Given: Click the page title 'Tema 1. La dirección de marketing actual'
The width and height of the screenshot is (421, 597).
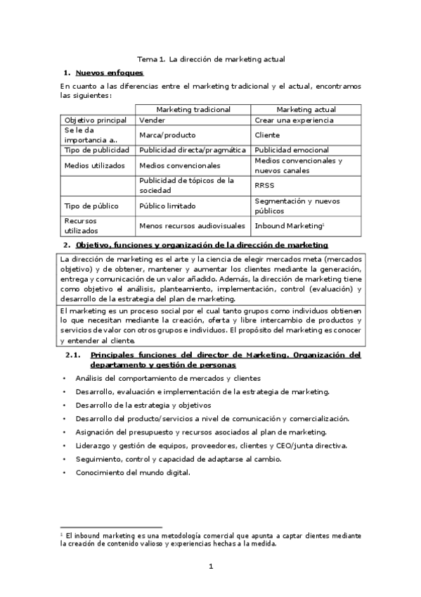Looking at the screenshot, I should click(210, 60).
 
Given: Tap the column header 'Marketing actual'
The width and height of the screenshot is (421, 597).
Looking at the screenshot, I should click(306, 110).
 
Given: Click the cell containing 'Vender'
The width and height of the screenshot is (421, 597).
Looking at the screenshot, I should click(153, 120).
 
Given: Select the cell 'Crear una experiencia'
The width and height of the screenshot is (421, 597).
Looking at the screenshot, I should click(294, 120).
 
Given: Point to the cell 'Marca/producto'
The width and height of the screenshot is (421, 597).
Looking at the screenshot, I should click(167, 134).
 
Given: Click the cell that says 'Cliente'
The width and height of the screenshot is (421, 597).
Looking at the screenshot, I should click(268, 134).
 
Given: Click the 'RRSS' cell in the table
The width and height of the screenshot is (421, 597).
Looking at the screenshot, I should click(265, 185).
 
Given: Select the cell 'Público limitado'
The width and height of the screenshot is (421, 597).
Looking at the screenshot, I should click(167, 206).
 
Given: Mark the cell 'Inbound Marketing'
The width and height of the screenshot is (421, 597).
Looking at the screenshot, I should click(289, 225).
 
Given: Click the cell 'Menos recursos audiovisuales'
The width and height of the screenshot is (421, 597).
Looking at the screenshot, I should click(193, 225).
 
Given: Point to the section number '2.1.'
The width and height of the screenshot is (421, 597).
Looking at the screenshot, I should click(74, 356).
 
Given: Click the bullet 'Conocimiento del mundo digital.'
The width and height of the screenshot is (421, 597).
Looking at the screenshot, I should click(133, 472).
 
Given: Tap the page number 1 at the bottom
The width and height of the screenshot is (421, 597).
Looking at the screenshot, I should click(210, 567).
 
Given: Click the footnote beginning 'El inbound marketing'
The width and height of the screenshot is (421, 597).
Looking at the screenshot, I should click(211, 539).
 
